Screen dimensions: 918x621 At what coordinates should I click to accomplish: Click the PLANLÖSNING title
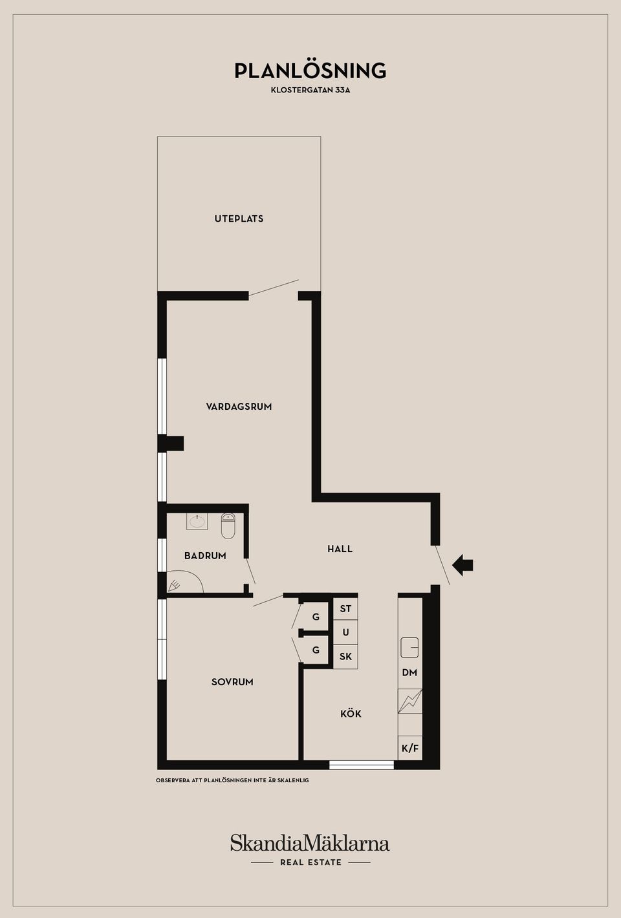tap(310, 70)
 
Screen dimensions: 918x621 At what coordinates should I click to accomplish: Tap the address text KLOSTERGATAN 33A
tap(310, 91)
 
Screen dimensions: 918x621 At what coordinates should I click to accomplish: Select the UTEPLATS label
tap(239, 219)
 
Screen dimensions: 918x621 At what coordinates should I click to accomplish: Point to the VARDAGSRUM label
tap(239, 407)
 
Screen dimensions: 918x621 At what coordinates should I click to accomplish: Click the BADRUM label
tap(205, 555)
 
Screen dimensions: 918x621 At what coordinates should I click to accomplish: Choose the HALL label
tap(340, 549)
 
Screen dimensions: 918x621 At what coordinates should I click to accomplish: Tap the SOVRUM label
tap(232, 682)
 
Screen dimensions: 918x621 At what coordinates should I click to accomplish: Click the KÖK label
tap(351, 714)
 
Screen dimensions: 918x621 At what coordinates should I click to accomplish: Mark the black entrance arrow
tap(463, 565)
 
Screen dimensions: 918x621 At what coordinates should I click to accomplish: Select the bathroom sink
tap(197, 521)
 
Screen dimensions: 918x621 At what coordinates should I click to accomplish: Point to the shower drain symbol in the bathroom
tap(175, 586)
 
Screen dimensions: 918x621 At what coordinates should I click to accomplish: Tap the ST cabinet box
tap(345, 608)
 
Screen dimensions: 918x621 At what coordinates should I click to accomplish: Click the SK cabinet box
tap(345, 656)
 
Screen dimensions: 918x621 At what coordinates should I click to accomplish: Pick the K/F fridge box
tap(410, 749)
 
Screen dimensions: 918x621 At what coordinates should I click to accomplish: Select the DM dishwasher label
tap(409, 672)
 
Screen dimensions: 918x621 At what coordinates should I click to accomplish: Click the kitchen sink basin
tap(409, 647)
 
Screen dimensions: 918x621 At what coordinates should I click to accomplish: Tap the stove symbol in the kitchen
tap(409, 701)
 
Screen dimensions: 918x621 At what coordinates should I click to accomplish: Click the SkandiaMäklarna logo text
tap(310, 844)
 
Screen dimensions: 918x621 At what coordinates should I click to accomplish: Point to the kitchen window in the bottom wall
tap(361, 765)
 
